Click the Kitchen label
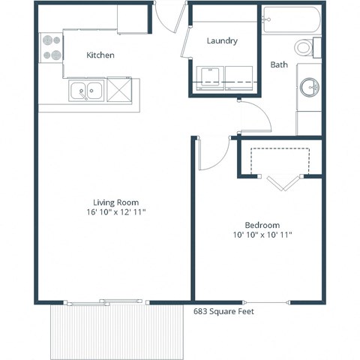click(100, 55)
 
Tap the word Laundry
click(222, 41)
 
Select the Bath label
click(279, 65)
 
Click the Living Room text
click(115, 202)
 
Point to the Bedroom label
click(262, 225)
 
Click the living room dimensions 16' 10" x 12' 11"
click(115, 213)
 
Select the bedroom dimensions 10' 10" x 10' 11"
click(262, 235)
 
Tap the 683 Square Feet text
click(223, 310)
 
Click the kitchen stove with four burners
click(51, 47)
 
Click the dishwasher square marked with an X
click(118, 90)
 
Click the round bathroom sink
click(309, 88)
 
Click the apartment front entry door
click(169, 19)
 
